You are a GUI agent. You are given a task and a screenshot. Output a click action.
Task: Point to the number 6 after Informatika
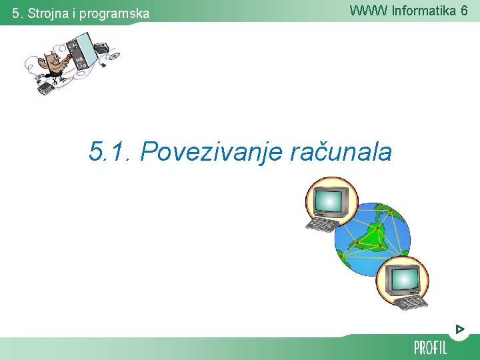point(463,10)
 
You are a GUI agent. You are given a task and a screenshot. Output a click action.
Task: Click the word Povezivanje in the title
point(213,152)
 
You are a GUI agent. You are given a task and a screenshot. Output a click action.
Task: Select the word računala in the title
point(341,152)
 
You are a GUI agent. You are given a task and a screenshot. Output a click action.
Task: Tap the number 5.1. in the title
point(111,152)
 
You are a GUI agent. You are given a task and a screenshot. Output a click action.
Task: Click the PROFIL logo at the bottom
point(430,347)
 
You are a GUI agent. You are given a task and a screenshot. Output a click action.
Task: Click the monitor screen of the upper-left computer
point(327,199)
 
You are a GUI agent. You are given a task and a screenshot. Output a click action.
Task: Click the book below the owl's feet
point(46,88)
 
